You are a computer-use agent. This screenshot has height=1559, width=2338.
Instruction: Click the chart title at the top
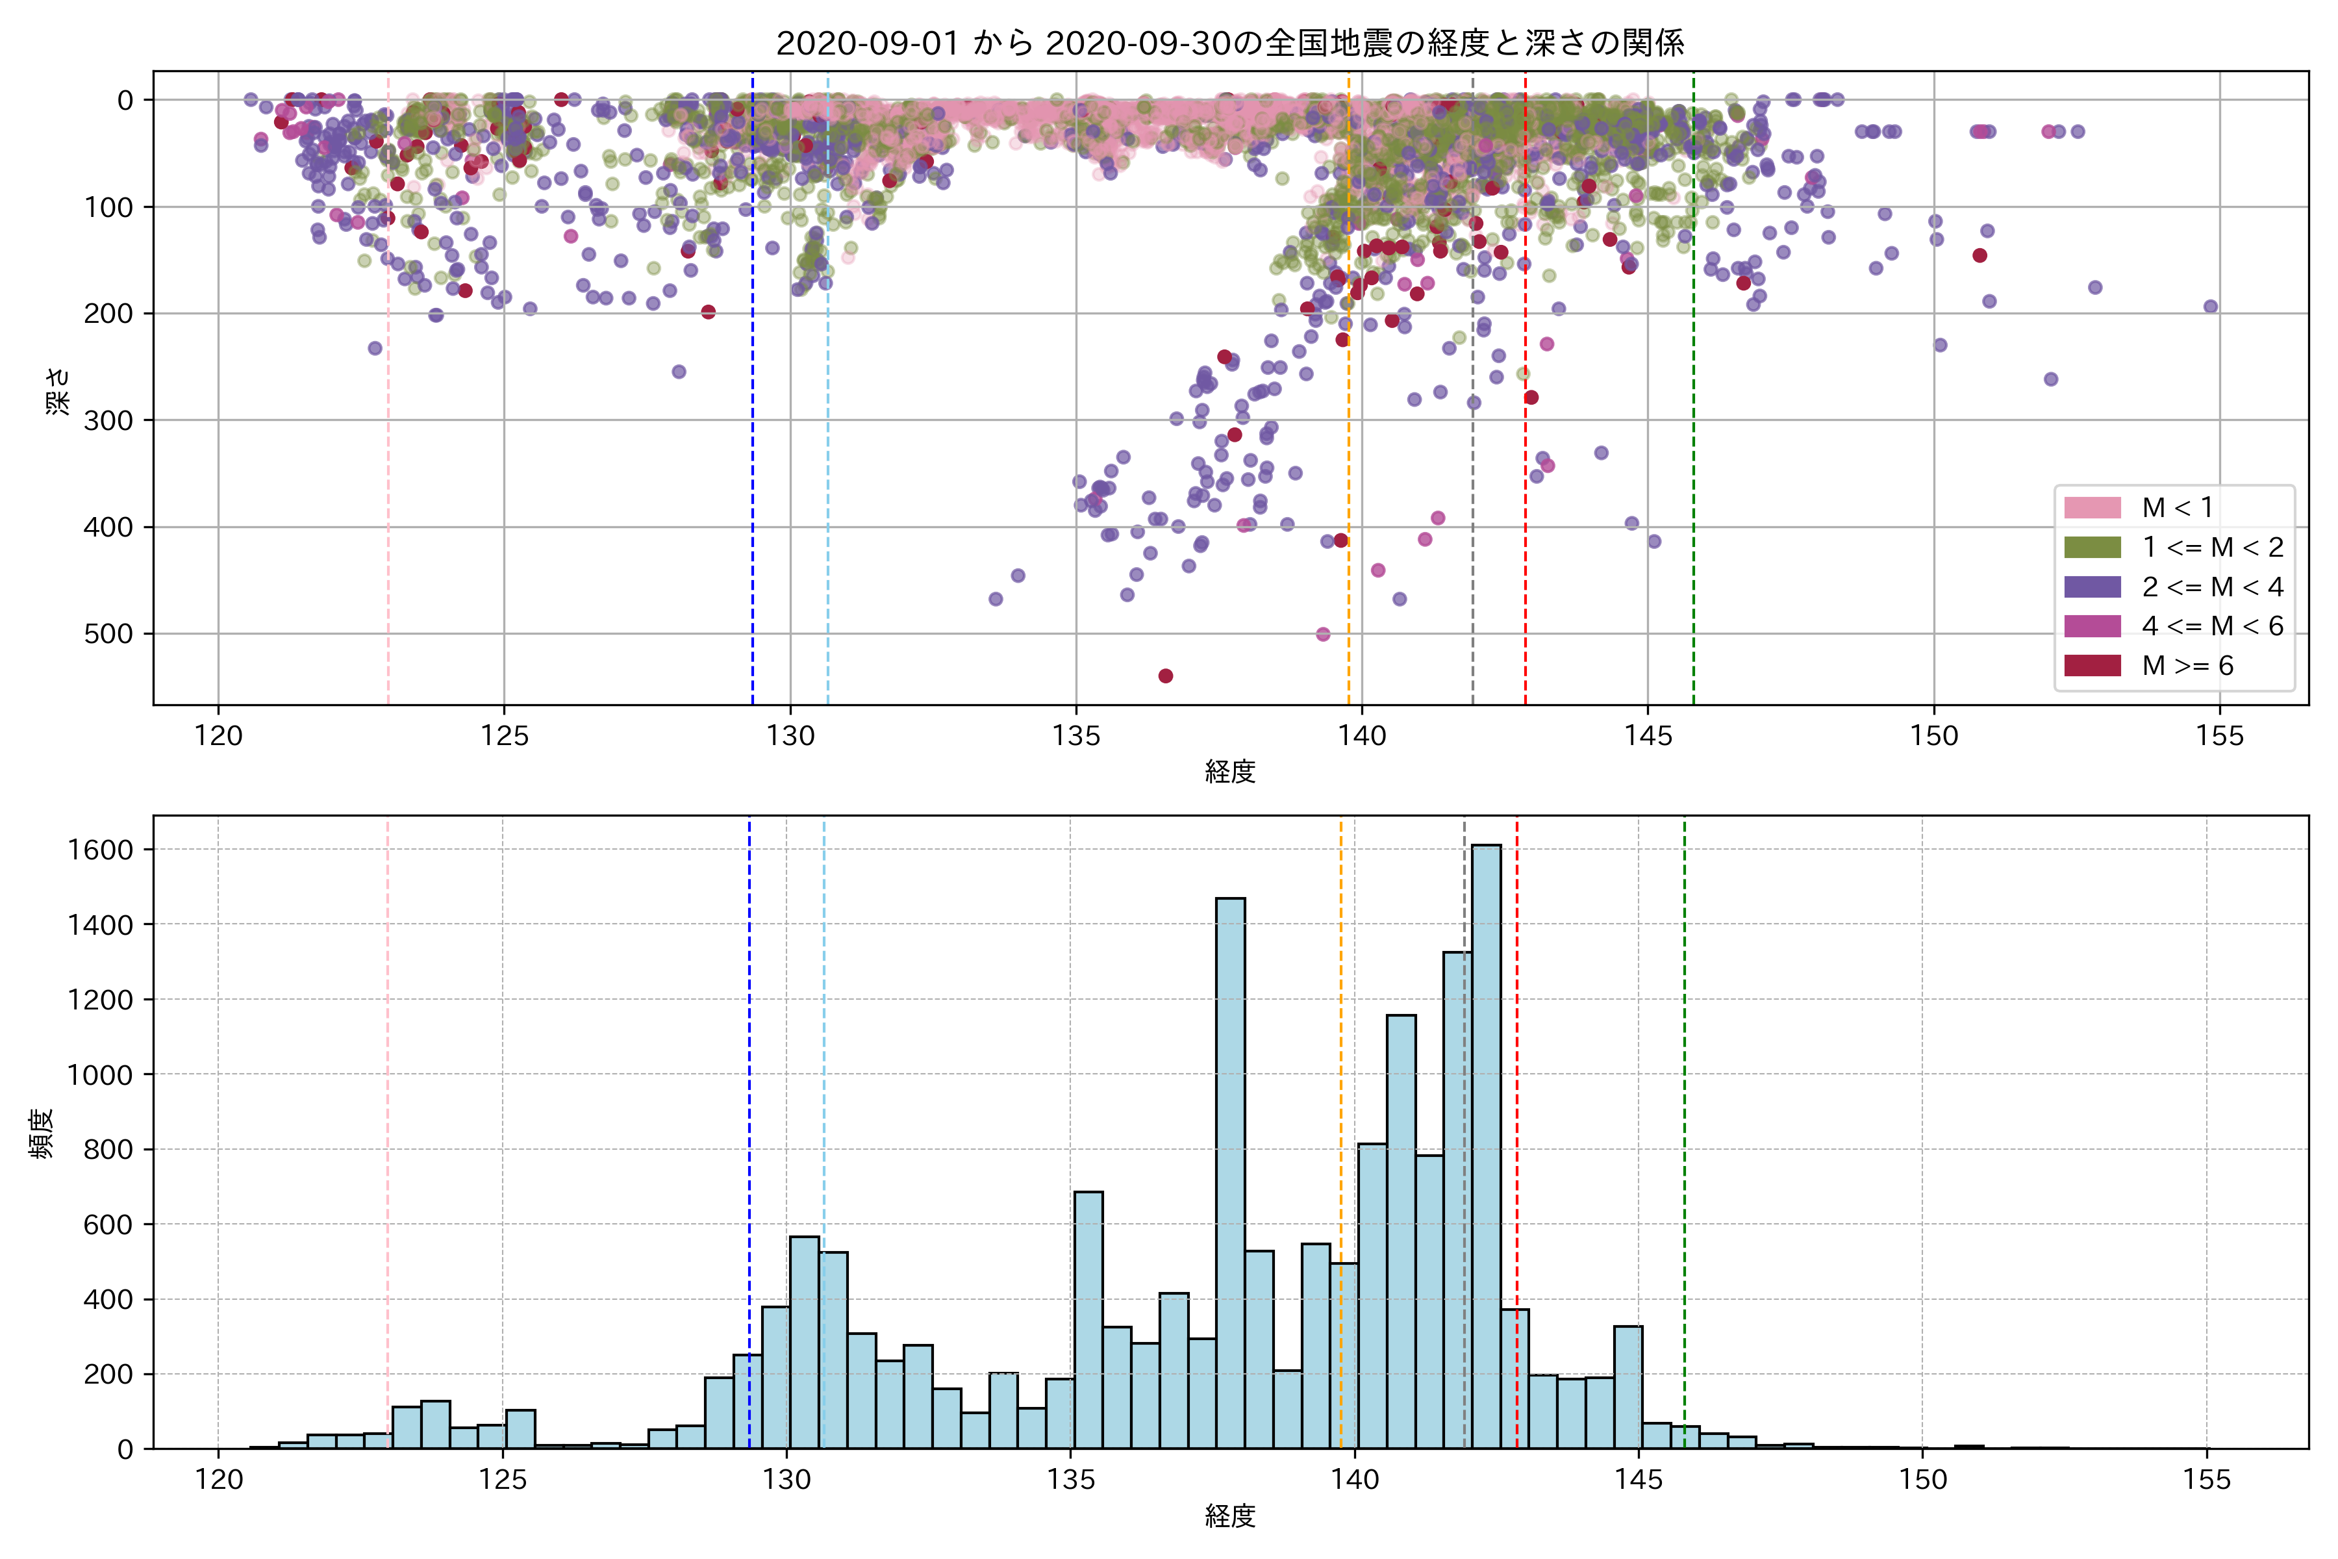tap(1229, 44)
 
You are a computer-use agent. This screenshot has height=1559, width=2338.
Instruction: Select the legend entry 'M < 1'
tap(2177, 508)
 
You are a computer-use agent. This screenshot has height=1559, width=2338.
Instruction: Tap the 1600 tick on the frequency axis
tap(99, 850)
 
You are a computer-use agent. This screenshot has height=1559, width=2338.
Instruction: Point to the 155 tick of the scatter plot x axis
tap(2220, 737)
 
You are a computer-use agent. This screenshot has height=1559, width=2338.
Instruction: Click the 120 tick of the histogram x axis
tap(219, 1480)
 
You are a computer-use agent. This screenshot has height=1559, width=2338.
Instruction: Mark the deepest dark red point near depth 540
tap(1166, 676)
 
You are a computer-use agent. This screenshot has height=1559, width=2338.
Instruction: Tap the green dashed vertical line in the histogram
tap(1684, 1094)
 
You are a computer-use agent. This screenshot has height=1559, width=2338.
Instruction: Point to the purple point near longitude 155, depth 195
tap(2211, 306)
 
